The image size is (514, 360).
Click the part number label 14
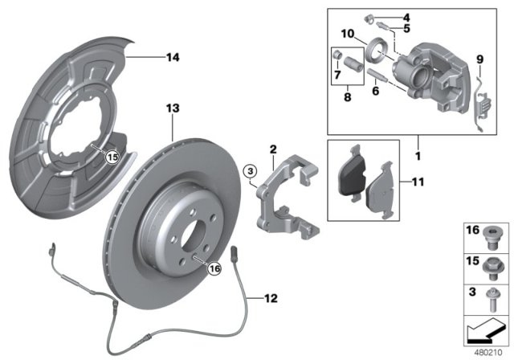[171, 57]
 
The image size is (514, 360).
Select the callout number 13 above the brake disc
[170, 108]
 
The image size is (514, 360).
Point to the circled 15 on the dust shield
[112, 157]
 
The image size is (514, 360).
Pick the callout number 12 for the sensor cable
[271, 298]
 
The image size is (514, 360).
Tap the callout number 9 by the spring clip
[480, 59]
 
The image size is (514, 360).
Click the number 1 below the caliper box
[416, 149]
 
